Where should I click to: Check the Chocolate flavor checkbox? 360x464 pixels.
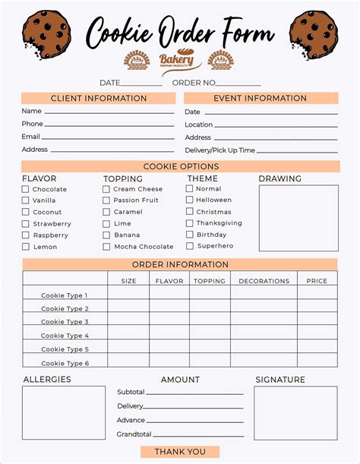(x=26, y=189)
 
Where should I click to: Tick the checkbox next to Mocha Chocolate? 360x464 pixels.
(x=106, y=247)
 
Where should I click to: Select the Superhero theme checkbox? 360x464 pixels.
(x=190, y=246)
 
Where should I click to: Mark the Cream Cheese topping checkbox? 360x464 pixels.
(x=106, y=189)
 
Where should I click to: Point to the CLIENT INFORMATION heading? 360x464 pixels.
(x=99, y=99)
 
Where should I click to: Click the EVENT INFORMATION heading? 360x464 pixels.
(x=261, y=99)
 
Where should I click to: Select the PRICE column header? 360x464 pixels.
(x=317, y=281)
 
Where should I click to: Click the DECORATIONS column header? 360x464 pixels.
(x=264, y=281)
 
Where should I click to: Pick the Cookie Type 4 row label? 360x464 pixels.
(x=65, y=336)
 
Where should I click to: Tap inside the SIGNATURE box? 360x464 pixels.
(x=295, y=413)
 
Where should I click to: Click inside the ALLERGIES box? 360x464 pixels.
(x=64, y=413)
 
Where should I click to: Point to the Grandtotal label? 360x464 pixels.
(x=134, y=434)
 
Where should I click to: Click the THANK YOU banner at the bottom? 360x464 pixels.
(x=180, y=452)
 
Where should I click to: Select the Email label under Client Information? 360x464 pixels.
(x=31, y=137)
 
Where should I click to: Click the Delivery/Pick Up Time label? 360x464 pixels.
(x=220, y=150)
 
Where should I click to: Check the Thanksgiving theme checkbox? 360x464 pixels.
(x=190, y=223)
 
